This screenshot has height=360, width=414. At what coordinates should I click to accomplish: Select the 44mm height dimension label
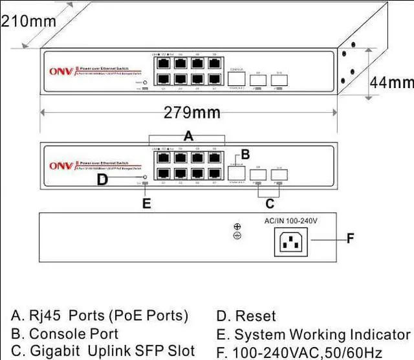391,83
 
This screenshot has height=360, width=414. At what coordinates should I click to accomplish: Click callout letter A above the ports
189,136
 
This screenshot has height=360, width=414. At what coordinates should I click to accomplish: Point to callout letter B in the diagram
245,154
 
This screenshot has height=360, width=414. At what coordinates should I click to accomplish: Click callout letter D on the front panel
102,179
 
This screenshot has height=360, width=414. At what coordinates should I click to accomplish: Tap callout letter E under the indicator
146,203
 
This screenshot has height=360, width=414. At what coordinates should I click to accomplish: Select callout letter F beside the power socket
350,239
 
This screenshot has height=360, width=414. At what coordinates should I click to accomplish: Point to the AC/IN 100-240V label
291,221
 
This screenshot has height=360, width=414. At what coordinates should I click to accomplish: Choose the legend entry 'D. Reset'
246,317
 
